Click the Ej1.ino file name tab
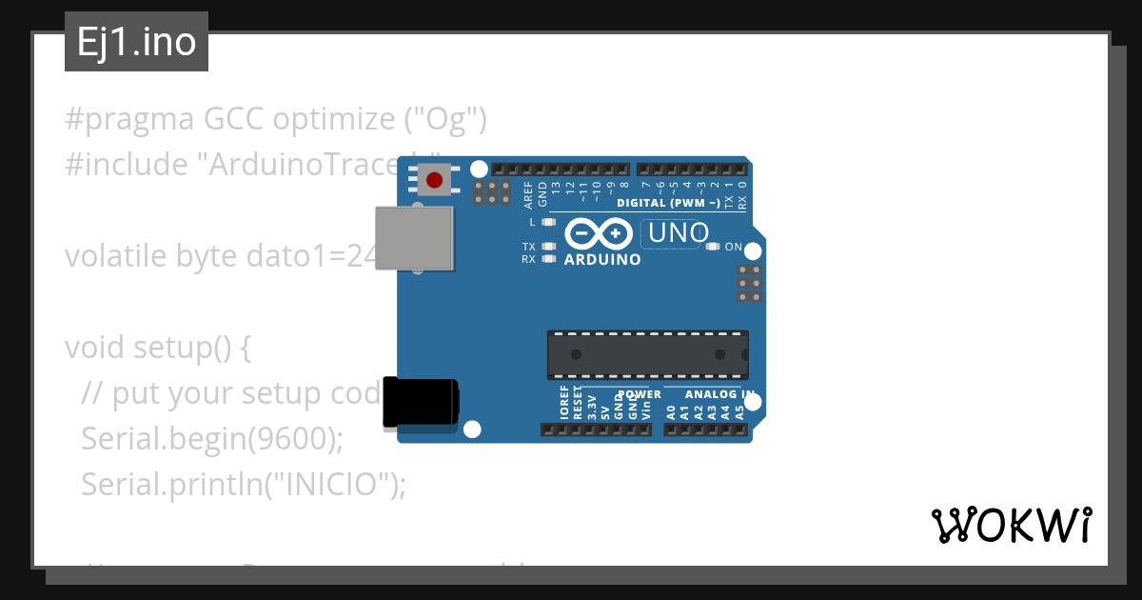pyautogui.click(x=136, y=42)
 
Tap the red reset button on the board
pyautogui.click(x=434, y=179)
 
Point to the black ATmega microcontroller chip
pyautogui.click(x=647, y=354)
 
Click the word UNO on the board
pyautogui.click(x=676, y=232)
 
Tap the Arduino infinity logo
pyautogui.click(x=599, y=233)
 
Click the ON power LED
pyautogui.click(x=713, y=247)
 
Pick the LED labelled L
pyautogui.click(x=547, y=222)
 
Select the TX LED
pyautogui.click(x=547, y=247)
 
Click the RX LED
pyautogui.click(x=547, y=258)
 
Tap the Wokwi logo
pyautogui.click(x=1011, y=525)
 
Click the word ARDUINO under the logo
pyautogui.click(x=602, y=259)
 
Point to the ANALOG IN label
pyautogui.click(x=720, y=394)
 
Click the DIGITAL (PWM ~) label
pyautogui.click(x=668, y=203)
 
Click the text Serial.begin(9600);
pyautogui.click(x=211, y=439)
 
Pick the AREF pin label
pyautogui.click(x=529, y=194)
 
